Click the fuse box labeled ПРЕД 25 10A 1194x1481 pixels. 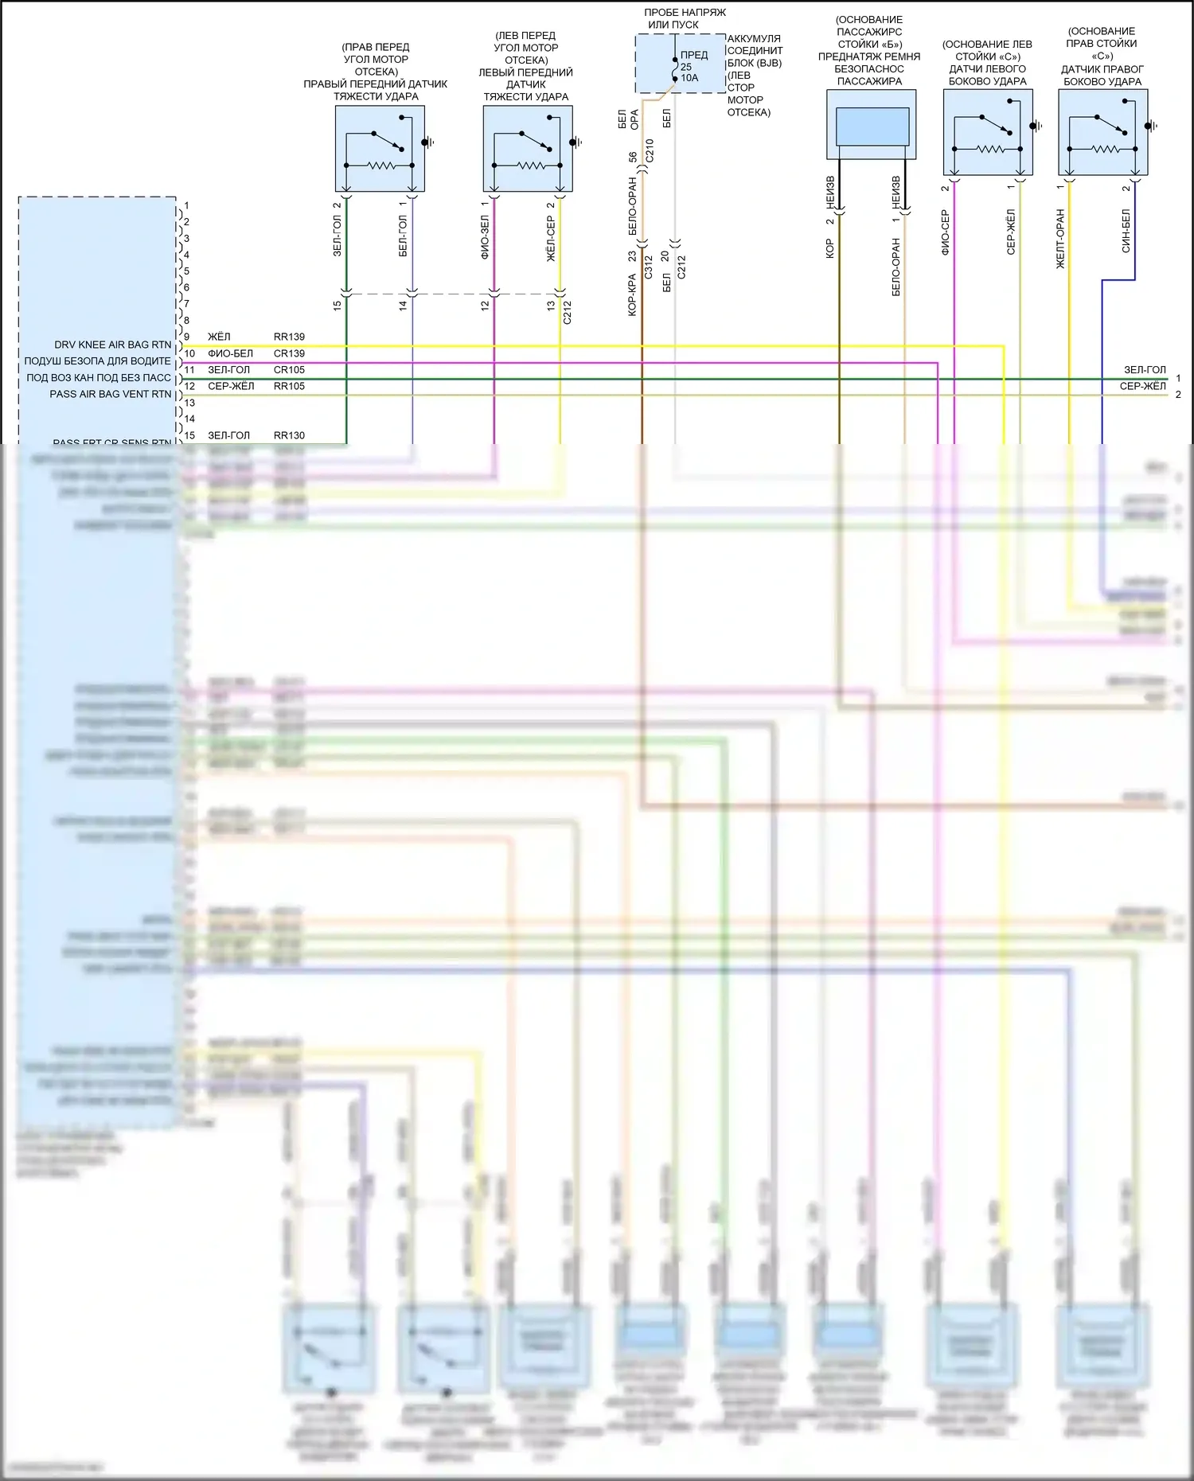point(681,64)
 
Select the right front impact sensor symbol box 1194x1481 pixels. point(380,149)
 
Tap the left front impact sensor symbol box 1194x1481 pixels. point(528,149)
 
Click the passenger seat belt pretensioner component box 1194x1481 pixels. point(872,124)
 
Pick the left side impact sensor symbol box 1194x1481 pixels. point(988,132)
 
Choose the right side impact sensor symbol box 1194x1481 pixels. point(1103,132)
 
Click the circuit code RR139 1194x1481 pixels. point(289,337)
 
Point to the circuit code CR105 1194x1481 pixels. point(289,369)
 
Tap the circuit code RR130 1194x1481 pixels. point(289,435)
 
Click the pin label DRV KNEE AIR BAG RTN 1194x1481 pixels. point(112,345)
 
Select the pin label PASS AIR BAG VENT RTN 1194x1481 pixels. point(110,394)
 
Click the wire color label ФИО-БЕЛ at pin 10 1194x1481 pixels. point(230,353)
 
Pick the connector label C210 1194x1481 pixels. point(650,150)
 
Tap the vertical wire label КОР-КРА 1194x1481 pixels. point(632,295)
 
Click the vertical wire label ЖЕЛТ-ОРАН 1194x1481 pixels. point(1060,239)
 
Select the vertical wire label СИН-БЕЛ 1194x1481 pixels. point(1126,231)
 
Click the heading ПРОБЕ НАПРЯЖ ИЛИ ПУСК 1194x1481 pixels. point(685,18)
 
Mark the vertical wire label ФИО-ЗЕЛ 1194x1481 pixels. point(485,236)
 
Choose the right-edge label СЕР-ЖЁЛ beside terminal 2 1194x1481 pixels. point(1142,386)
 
